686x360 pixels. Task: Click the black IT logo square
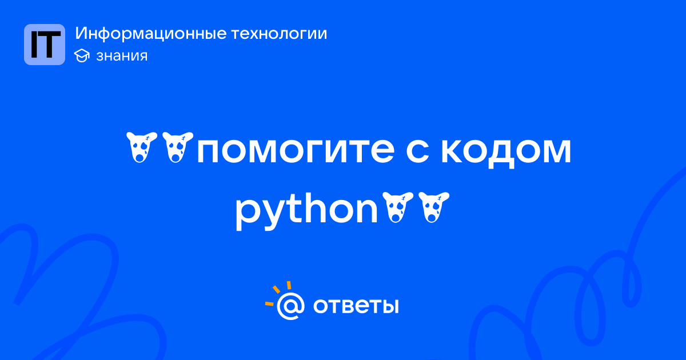(45, 45)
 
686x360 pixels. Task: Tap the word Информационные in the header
(151, 34)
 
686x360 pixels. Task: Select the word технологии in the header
(279, 34)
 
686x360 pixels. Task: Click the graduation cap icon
(82, 55)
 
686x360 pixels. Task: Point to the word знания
(122, 56)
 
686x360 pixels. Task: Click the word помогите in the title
(296, 150)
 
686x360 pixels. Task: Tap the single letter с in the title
(417, 150)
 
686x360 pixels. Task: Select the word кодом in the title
(506, 151)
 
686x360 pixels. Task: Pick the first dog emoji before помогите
(142, 147)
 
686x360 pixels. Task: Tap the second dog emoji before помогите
(178, 147)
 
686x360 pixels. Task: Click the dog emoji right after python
(398, 207)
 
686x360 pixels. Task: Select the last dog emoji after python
(434, 207)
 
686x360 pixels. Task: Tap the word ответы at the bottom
(356, 306)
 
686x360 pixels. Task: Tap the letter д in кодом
(504, 153)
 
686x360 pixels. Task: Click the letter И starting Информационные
(81, 34)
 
